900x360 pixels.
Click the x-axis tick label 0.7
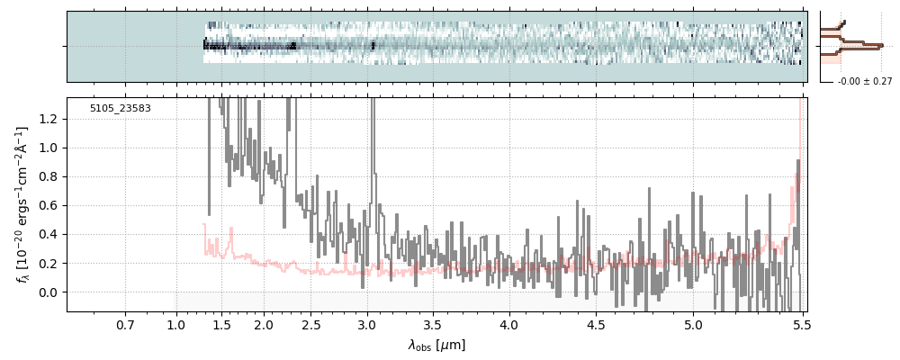tap(125, 324)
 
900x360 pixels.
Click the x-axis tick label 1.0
tap(175, 324)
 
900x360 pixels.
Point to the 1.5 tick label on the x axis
tap(221, 324)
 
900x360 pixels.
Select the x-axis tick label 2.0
tap(264, 324)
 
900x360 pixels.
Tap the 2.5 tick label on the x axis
tap(311, 324)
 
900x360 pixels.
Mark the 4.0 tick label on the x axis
tap(508, 324)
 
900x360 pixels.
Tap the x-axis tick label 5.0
tap(693, 324)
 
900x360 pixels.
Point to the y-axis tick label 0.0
tap(50, 292)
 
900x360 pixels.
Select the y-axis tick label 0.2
tap(50, 264)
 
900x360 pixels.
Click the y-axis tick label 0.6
tap(50, 205)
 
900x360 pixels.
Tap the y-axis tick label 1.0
tap(50, 148)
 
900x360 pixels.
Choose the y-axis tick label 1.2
tap(50, 119)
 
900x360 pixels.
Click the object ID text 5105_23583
tap(121, 109)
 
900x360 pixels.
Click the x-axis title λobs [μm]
tap(436, 345)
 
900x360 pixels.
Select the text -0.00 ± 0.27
tap(864, 82)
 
